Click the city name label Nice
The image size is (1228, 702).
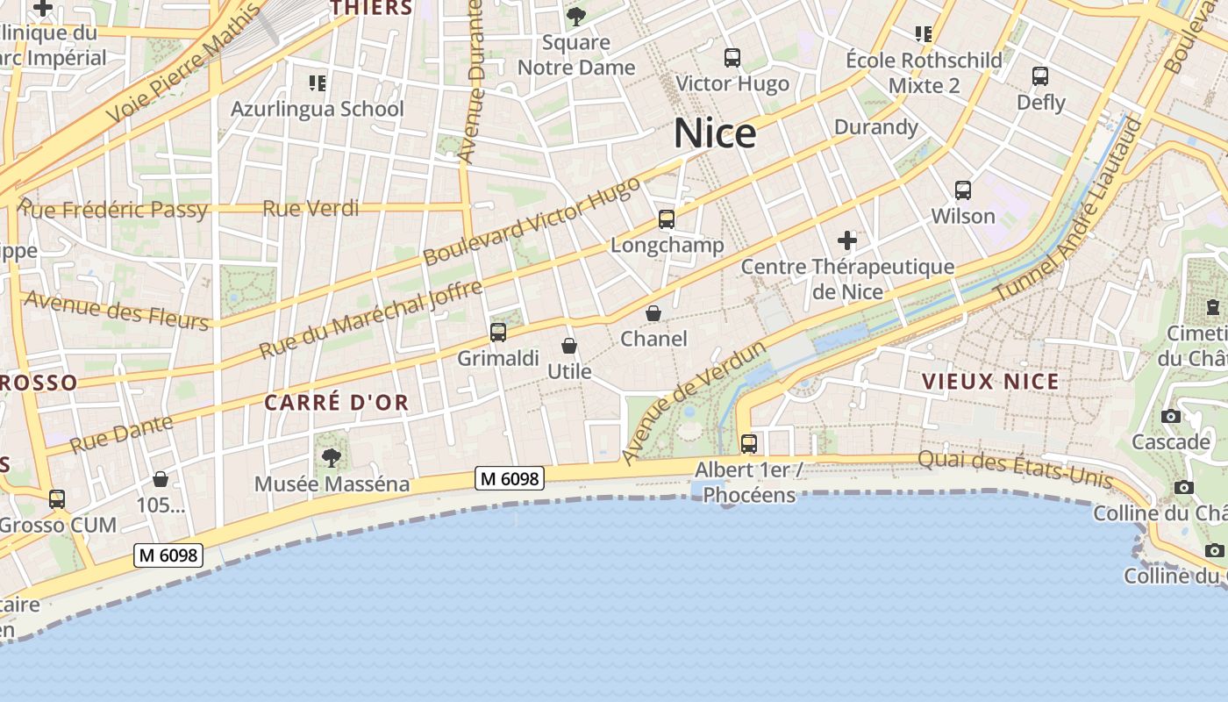[x=715, y=133]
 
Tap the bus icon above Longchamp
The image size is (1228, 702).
[x=667, y=219]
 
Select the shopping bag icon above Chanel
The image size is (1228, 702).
[x=653, y=313]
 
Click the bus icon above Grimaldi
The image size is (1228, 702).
[x=498, y=332]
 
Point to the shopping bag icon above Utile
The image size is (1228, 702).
[x=569, y=346]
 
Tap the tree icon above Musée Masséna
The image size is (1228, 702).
[x=332, y=457]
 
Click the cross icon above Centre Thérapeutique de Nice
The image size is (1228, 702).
[x=847, y=240]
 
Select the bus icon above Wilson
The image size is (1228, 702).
[x=963, y=190]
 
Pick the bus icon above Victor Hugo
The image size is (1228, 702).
[x=732, y=58]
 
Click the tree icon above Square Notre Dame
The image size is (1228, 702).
[x=576, y=16]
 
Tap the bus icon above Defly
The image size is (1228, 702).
[x=1040, y=76]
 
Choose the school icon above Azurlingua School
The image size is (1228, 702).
[x=317, y=83]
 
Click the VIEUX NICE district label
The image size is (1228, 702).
[x=990, y=382]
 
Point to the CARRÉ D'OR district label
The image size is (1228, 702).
[x=336, y=403]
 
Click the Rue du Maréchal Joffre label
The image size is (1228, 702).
[x=371, y=319]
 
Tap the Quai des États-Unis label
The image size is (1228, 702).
[x=1015, y=469]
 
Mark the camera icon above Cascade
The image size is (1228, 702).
[x=1170, y=416]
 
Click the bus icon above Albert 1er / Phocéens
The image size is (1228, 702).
[x=748, y=444]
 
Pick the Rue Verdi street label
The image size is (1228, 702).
[x=311, y=208]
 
